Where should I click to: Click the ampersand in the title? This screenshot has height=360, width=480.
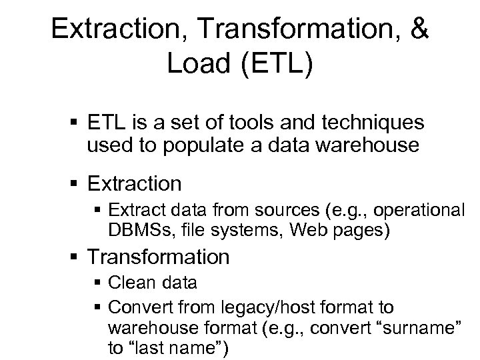417,30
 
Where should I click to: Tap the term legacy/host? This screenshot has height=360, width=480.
253,308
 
